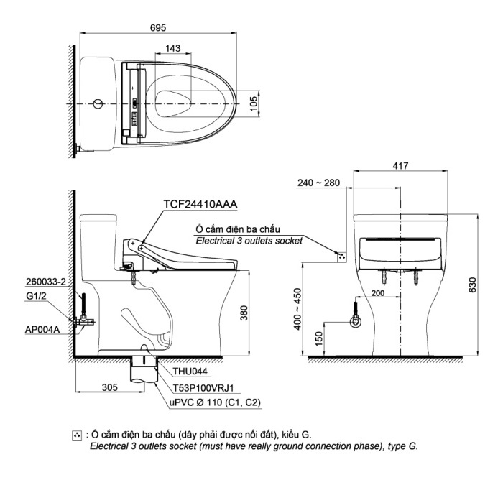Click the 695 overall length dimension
[x=159, y=27]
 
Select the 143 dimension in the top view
[x=172, y=48]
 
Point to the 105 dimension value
[x=252, y=103]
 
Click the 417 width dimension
[x=400, y=166]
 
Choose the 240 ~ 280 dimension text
[x=318, y=183]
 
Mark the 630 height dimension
[x=472, y=286]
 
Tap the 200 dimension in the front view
[x=379, y=293]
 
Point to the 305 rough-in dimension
[x=109, y=387]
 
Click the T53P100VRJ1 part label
[x=203, y=388]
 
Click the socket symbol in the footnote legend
[x=78, y=435]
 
